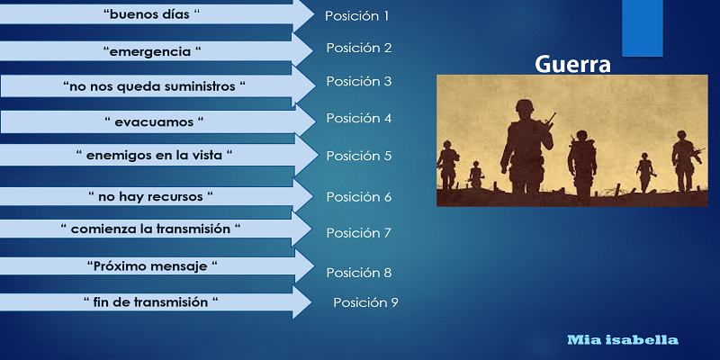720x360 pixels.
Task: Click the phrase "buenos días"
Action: pos(149,14)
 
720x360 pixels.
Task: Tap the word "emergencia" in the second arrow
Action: pos(149,52)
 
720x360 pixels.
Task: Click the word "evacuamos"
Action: pos(154,122)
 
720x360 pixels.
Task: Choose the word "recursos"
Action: pos(175,196)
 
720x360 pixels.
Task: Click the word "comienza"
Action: pos(103,229)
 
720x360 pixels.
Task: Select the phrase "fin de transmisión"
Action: pos(150,302)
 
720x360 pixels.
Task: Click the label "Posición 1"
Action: pos(356,16)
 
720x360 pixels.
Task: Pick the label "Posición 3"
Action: pos(358,81)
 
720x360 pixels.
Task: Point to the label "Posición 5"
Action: pos(358,156)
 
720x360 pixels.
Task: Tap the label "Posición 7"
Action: pos(358,233)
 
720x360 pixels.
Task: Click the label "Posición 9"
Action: pos(365,302)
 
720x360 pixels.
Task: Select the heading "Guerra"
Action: pos(572,65)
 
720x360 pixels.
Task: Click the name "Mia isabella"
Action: pos(623,340)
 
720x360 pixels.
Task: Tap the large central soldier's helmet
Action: pos(524,107)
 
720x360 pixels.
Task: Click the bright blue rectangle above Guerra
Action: pos(643,28)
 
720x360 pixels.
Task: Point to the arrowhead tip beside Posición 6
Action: pos(312,196)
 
